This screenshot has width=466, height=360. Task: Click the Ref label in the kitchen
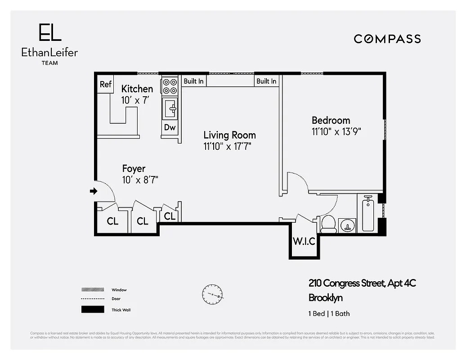click(106, 84)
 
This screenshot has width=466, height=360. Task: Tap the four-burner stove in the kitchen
click(170, 86)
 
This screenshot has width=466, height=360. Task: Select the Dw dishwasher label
click(170, 127)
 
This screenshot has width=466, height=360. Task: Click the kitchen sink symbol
click(171, 108)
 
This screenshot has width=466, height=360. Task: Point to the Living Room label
click(229, 135)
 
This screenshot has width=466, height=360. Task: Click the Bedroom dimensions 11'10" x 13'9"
click(337, 131)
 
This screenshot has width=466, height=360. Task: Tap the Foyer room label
click(134, 169)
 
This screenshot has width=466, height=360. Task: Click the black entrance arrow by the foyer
click(94, 191)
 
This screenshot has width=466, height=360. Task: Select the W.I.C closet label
click(304, 241)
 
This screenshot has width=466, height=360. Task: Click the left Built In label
click(193, 81)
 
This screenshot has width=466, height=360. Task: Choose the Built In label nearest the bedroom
click(266, 81)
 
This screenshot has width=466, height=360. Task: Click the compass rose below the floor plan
click(212, 294)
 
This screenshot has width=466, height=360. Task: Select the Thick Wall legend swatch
click(92, 310)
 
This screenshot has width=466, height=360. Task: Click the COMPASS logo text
click(387, 39)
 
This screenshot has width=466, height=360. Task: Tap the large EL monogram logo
click(49, 33)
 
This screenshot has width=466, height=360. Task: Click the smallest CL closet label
click(169, 216)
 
